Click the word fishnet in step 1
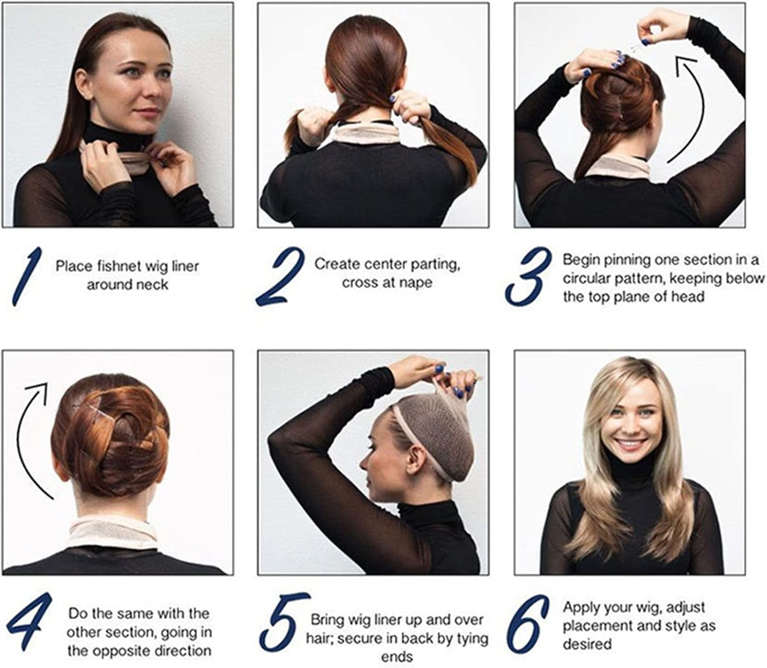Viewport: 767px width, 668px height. (x=117, y=266)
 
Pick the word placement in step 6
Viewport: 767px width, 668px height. (x=595, y=626)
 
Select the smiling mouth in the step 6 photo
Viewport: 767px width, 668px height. (x=630, y=445)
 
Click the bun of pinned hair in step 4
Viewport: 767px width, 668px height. (x=112, y=434)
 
